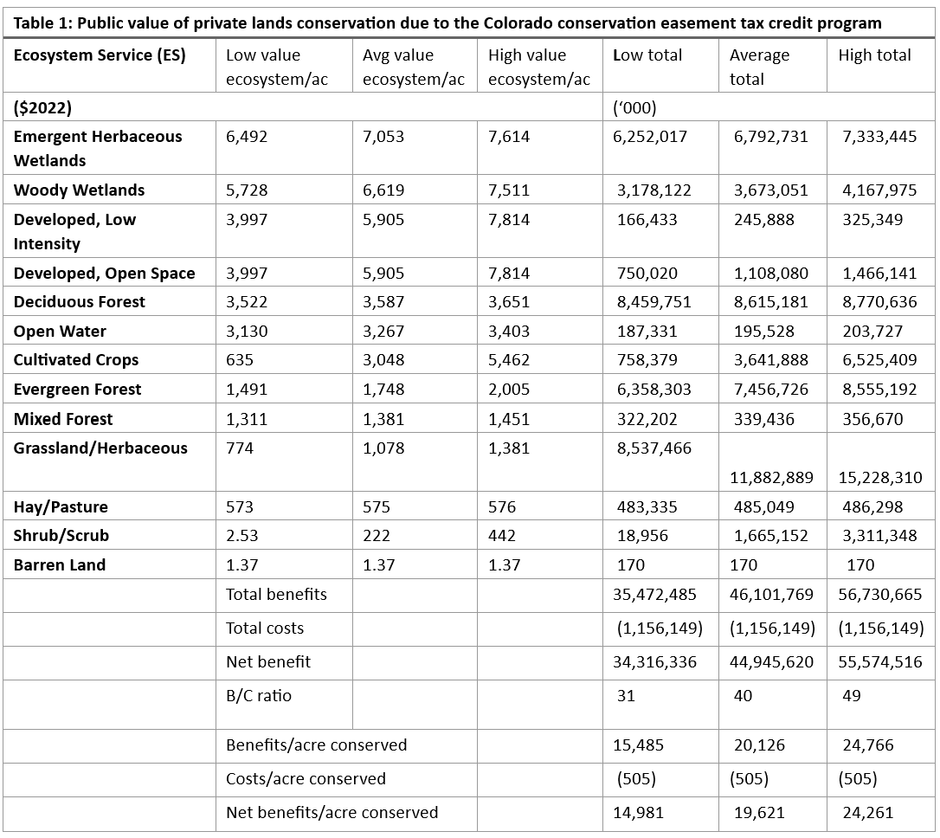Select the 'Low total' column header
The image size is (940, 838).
[647, 55]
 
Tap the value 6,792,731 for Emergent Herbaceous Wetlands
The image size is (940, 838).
[770, 137]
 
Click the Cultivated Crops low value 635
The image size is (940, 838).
[238, 360]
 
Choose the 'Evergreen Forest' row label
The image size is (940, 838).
[77, 390]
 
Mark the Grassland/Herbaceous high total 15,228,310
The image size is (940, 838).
[880, 478]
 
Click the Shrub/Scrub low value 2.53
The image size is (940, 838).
[241, 536]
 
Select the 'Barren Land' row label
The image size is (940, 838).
[60, 565]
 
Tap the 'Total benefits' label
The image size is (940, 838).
[276, 595]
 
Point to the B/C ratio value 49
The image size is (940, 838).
[851, 696]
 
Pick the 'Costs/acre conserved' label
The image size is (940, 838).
[306, 779]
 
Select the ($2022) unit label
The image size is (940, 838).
[42, 108]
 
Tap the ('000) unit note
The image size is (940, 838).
[634, 108]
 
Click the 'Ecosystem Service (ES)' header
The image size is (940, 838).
[99, 55]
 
